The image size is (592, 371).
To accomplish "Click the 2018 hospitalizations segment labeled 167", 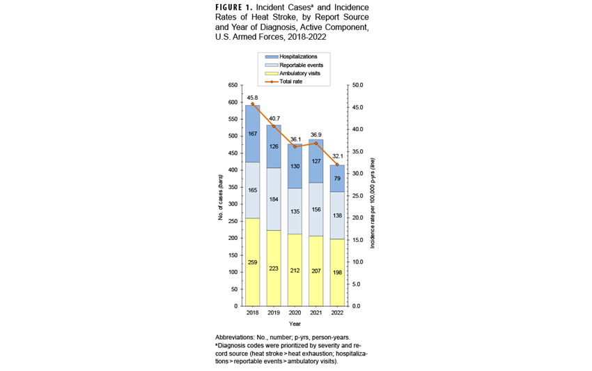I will (252, 134).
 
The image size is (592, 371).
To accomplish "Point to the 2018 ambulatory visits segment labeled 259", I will (252, 262).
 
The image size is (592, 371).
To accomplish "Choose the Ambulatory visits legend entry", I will (301, 73).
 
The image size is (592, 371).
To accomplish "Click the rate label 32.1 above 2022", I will (338, 157).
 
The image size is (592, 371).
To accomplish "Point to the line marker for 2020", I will (295, 146).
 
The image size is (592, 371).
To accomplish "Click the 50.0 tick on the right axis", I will (355, 85).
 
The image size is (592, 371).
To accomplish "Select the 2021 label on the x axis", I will (316, 313).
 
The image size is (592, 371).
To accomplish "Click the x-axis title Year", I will (295, 324).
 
